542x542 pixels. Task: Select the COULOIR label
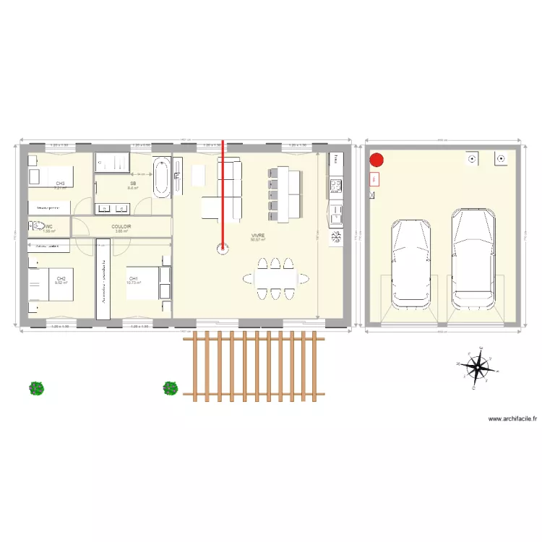tap(121, 226)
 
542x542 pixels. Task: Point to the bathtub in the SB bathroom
tap(161, 177)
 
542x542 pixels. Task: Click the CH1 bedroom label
tap(134, 278)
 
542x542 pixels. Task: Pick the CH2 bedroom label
tap(61, 278)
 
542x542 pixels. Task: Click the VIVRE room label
tap(257, 236)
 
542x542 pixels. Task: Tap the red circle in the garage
tap(377, 160)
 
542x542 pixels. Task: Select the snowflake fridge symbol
tap(336, 237)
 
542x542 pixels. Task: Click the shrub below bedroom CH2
tap(36, 388)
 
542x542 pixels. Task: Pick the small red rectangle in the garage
tap(374, 179)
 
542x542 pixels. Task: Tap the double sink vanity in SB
tap(113, 208)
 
